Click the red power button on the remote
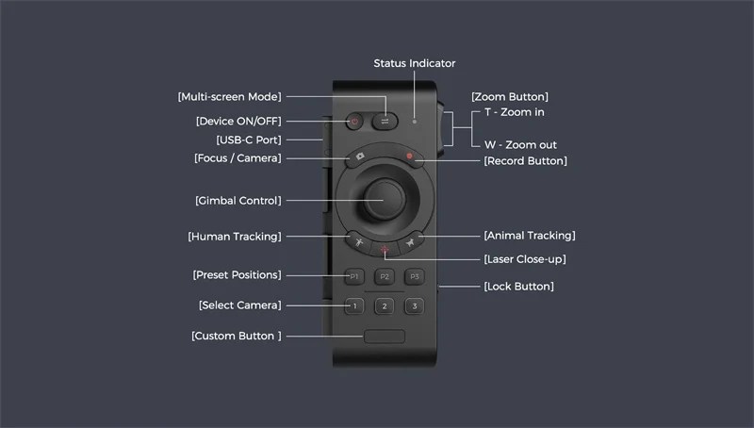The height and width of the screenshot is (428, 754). click(354, 122)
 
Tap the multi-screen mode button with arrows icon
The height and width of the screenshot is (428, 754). click(385, 122)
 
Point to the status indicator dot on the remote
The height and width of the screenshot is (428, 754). click(415, 122)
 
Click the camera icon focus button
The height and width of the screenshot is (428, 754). click(360, 156)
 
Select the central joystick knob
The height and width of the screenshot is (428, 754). click(385, 200)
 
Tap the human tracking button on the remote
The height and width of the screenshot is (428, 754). click(359, 242)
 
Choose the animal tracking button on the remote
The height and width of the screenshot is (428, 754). click(410, 242)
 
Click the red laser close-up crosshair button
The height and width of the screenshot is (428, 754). click(385, 249)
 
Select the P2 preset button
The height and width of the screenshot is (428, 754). click(385, 276)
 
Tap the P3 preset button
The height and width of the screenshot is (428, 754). click(415, 276)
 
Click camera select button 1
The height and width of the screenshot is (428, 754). click(354, 306)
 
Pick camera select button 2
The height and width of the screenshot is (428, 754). click(385, 306)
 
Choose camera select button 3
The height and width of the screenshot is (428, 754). click(415, 306)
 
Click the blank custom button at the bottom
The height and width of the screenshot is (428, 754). click(385, 337)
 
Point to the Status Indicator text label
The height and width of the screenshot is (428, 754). click(415, 63)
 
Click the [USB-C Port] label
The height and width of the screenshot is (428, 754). click(249, 140)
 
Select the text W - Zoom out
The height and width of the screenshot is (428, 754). click(520, 145)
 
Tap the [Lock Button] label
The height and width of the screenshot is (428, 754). click(519, 287)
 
